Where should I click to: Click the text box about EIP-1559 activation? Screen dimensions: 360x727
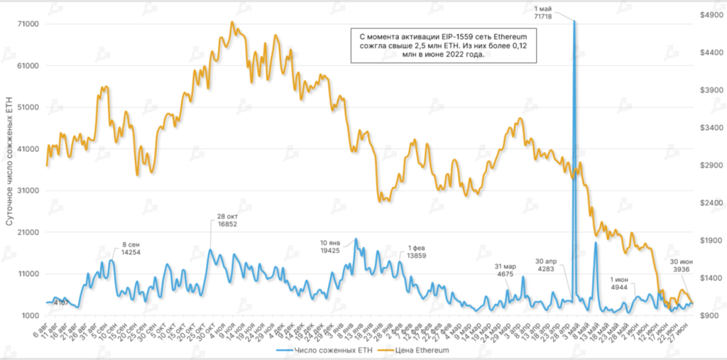pos(443,46)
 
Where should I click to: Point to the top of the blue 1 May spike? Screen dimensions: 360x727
pos(574,21)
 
